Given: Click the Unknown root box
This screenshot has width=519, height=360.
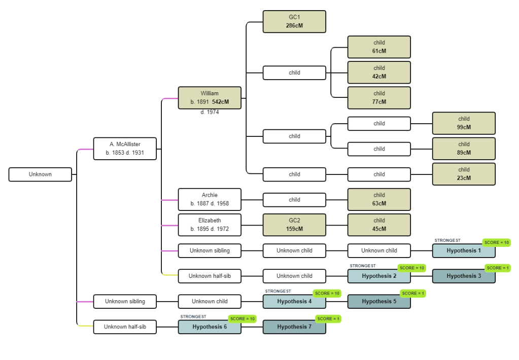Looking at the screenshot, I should click(x=40, y=174).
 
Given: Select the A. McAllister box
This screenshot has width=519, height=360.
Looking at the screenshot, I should click(x=125, y=149).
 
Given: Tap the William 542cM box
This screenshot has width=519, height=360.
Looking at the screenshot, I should click(x=210, y=98).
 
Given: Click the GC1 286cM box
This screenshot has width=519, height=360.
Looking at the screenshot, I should click(x=294, y=21).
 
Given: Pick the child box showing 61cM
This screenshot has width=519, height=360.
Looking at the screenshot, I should click(x=379, y=47).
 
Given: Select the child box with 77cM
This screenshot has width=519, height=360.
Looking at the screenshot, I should click(x=379, y=98).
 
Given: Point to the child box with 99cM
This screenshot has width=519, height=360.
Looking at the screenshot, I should click(x=464, y=123).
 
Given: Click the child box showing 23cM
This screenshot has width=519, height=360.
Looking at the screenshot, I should click(x=464, y=174).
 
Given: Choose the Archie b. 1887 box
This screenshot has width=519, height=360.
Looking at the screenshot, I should click(x=210, y=199).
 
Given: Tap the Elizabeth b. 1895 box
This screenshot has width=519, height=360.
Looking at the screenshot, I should click(x=210, y=225).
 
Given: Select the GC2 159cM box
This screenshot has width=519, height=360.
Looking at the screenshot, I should click(x=294, y=225).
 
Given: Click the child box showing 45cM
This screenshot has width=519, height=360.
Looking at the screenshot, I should click(x=379, y=225).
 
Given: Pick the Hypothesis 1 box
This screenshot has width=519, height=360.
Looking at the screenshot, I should click(x=464, y=250).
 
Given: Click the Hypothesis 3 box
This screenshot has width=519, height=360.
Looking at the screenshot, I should click(x=464, y=276).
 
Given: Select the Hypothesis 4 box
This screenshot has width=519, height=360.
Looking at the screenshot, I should click(x=294, y=301).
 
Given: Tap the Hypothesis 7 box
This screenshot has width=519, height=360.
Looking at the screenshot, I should click(x=294, y=327).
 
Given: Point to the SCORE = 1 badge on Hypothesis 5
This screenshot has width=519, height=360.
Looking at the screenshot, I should click(x=413, y=293).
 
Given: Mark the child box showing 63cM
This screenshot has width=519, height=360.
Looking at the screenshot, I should click(x=379, y=199).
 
